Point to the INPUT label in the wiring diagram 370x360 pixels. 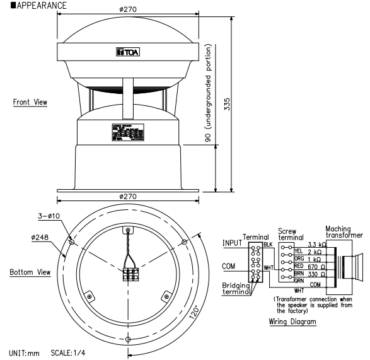pyautogui.click(x=233, y=241)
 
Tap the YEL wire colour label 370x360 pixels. pyautogui.click(x=299, y=251)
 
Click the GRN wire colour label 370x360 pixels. pyautogui.click(x=299, y=281)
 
